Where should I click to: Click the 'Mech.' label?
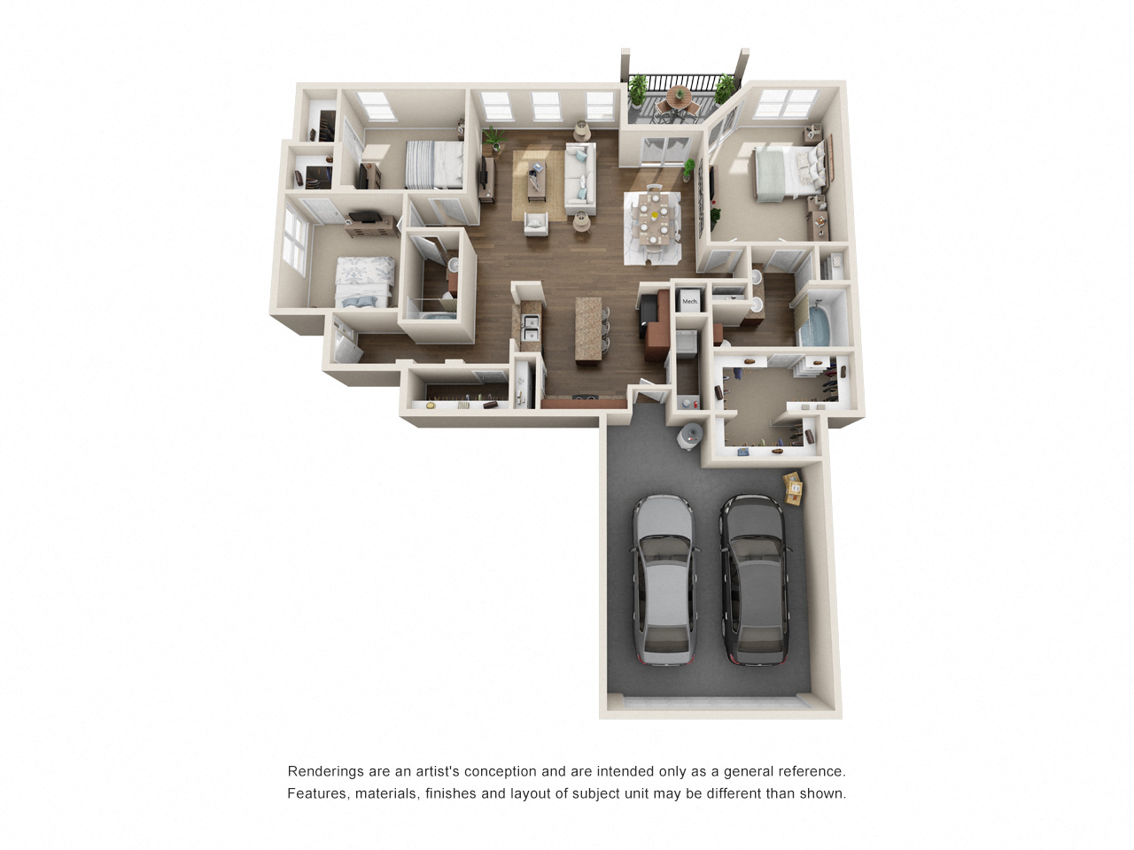tap(689, 301)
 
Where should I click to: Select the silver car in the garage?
tap(663, 579)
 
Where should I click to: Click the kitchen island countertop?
tap(588, 329)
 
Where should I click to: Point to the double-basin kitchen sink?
tap(530, 328)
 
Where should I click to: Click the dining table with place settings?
tap(653, 217)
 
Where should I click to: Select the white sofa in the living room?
tap(580, 179)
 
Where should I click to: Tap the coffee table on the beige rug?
tap(537, 180)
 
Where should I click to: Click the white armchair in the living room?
tap(536, 225)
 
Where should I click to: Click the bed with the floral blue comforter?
tap(364, 282)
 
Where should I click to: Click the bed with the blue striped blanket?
tap(433, 164)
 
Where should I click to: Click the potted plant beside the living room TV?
tap(494, 138)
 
